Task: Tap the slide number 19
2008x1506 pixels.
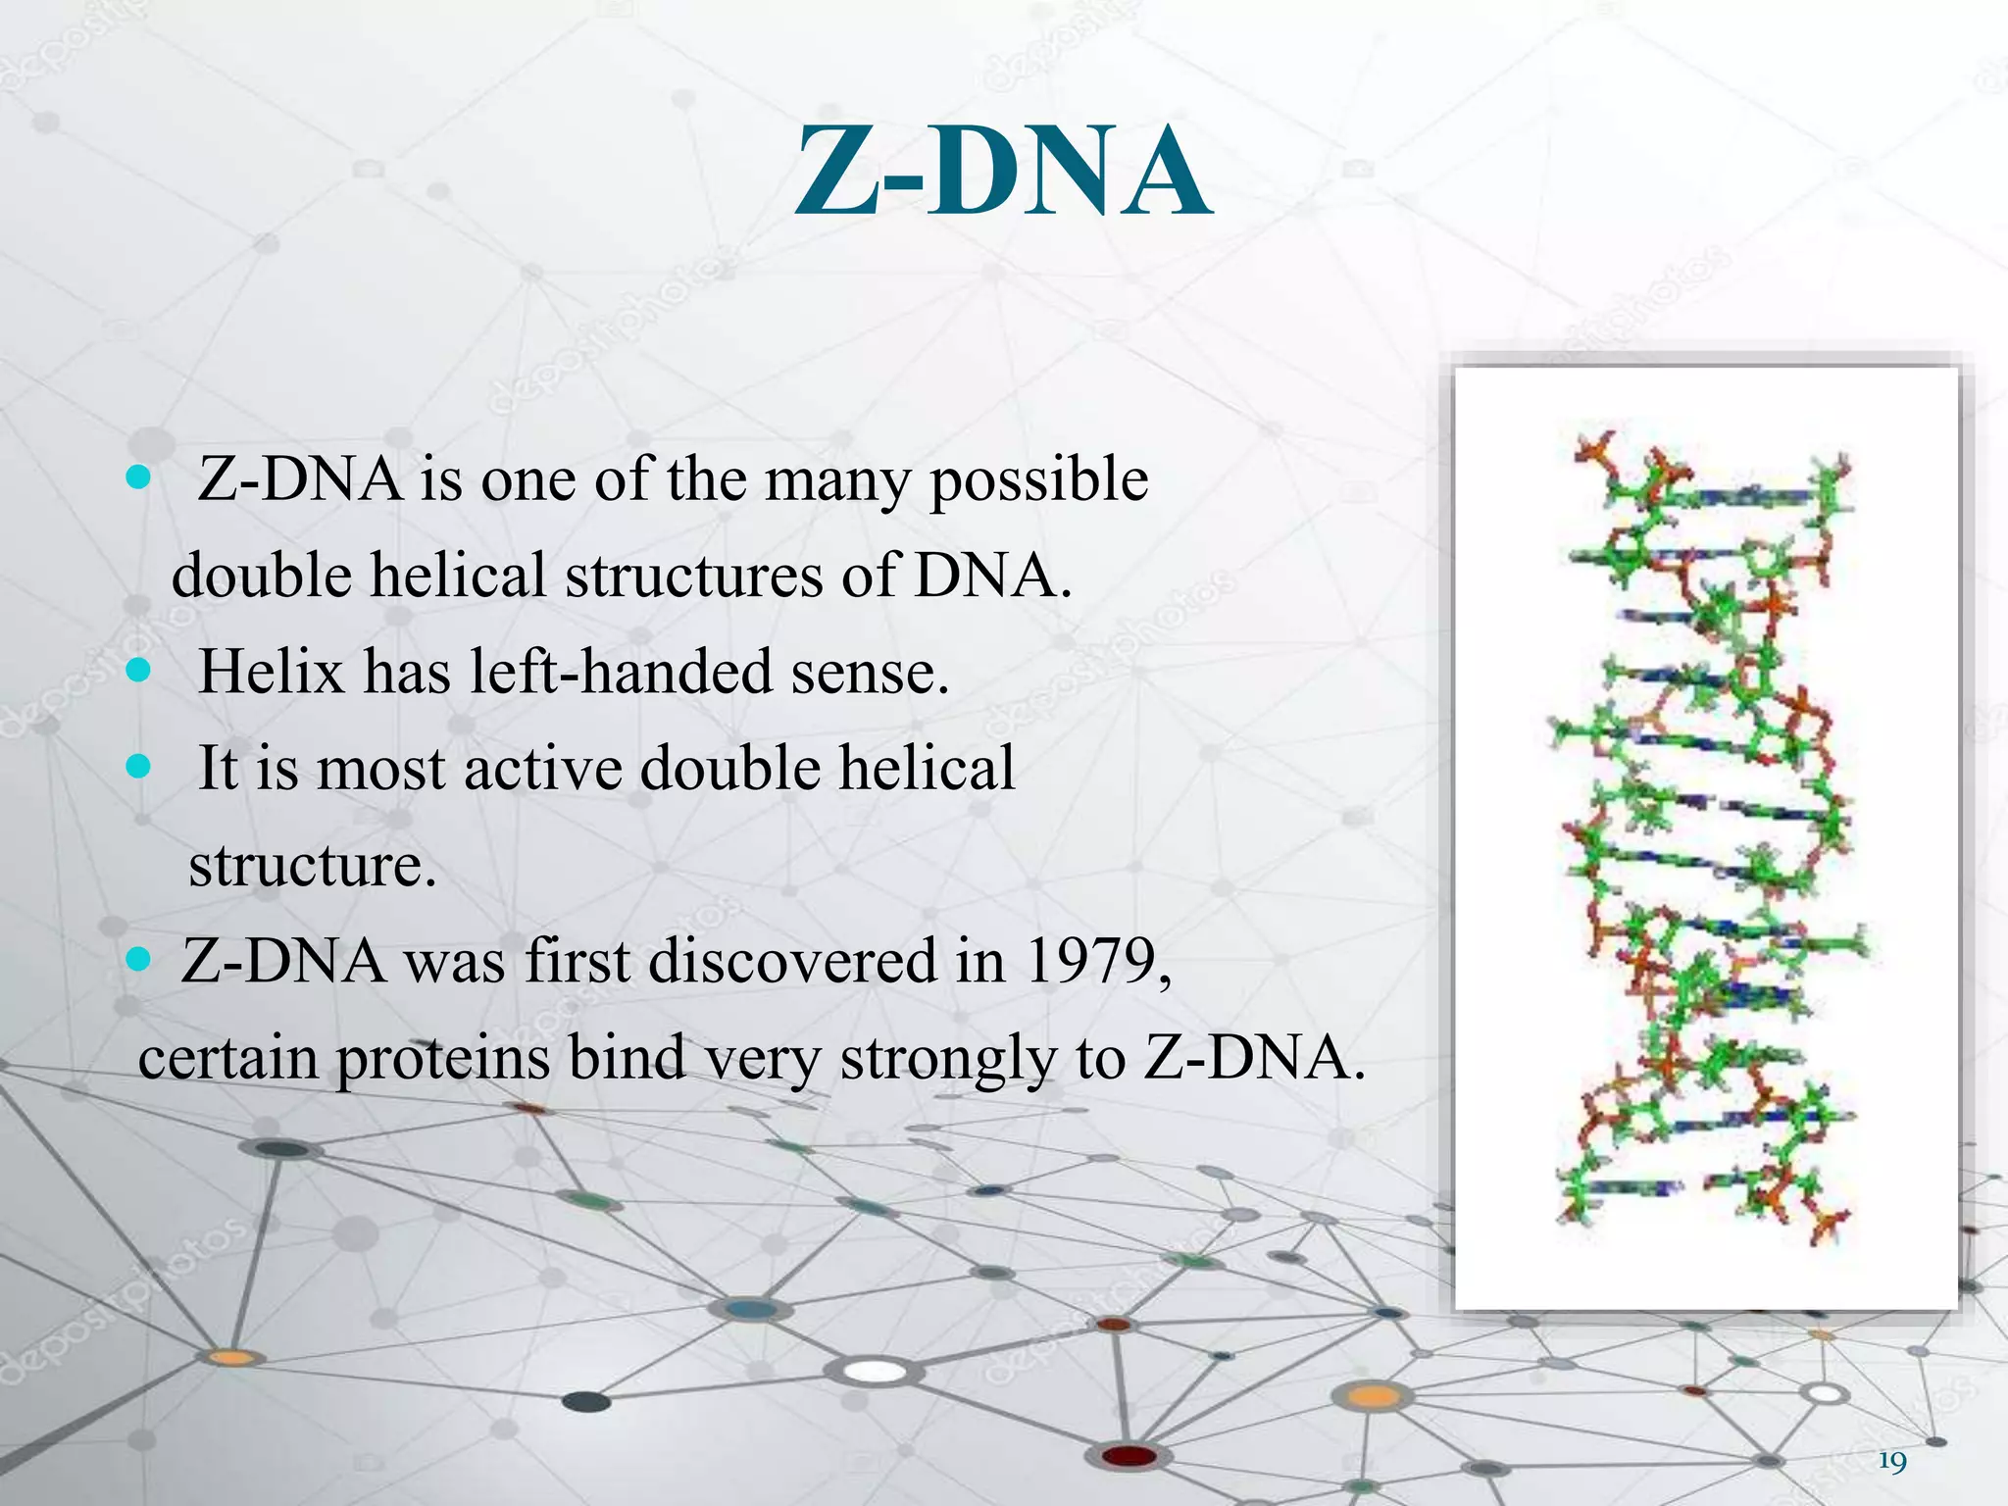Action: tap(1892, 1462)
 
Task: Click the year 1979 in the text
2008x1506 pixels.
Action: tap(1095, 961)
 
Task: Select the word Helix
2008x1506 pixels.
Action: tap(272, 673)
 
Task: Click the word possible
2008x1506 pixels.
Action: tap(1038, 480)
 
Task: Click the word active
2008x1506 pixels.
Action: tap(542, 768)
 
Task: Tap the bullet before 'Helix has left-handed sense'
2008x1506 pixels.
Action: tap(139, 670)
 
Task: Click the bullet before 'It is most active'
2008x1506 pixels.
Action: tap(139, 766)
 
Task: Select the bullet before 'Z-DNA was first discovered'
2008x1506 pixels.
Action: tap(139, 958)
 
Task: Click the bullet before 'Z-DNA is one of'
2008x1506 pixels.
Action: tap(139, 477)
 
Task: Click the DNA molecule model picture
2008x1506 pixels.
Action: tap(1706, 838)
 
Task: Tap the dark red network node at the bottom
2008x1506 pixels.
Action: tap(1130, 1456)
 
